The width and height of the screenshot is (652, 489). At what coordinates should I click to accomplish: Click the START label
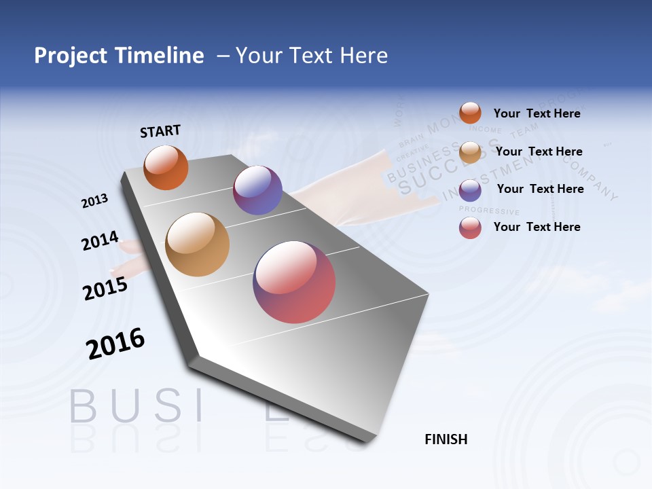pyautogui.click(x=160, y=131)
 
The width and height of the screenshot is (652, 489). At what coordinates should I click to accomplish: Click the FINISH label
pyautogui.click(x=446, y=439)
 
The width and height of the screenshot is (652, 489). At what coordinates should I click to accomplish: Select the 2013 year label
pyautogui.click(x=94, y=201)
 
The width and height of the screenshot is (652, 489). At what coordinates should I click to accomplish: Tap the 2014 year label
pyautogui.click(x=100, y=241)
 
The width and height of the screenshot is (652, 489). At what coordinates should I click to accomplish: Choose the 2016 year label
pyautogui.click(x=115, y=344)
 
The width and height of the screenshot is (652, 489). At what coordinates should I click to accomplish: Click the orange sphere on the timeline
pyautogui.click(x=166, y=167)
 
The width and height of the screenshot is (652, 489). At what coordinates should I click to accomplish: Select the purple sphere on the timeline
pyautogui.click(x=257, y=190)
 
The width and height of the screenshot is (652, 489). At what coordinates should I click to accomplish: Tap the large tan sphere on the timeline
pyautogui.click(x=198, y=244)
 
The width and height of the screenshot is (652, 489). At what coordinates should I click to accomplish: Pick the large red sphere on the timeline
pyautogui.click(x=294, y=282)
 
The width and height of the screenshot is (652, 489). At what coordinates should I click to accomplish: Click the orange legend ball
pyautogui.click(x=470, y=113)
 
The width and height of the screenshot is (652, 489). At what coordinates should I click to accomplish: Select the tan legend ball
pyautogui.click(x=470, y=152)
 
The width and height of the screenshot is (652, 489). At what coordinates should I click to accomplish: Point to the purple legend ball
pyautogui.click(x=470, y=189)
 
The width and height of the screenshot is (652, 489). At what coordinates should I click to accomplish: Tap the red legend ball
pyautogui.click(x=470, y=228)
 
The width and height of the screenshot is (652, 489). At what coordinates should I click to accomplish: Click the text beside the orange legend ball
pyautogui.click(x=537, y=114)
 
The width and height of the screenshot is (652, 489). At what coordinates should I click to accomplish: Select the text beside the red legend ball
pyautogui.click(x=537, y=227)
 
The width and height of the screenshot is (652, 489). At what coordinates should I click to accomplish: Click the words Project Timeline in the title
pyautogui.click(x=119, y=56)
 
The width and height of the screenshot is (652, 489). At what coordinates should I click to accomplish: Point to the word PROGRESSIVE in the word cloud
pyautogui.click(x=488, y=211)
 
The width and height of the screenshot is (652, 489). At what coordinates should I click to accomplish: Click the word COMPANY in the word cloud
pyautogui.click(x=588, y=179)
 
